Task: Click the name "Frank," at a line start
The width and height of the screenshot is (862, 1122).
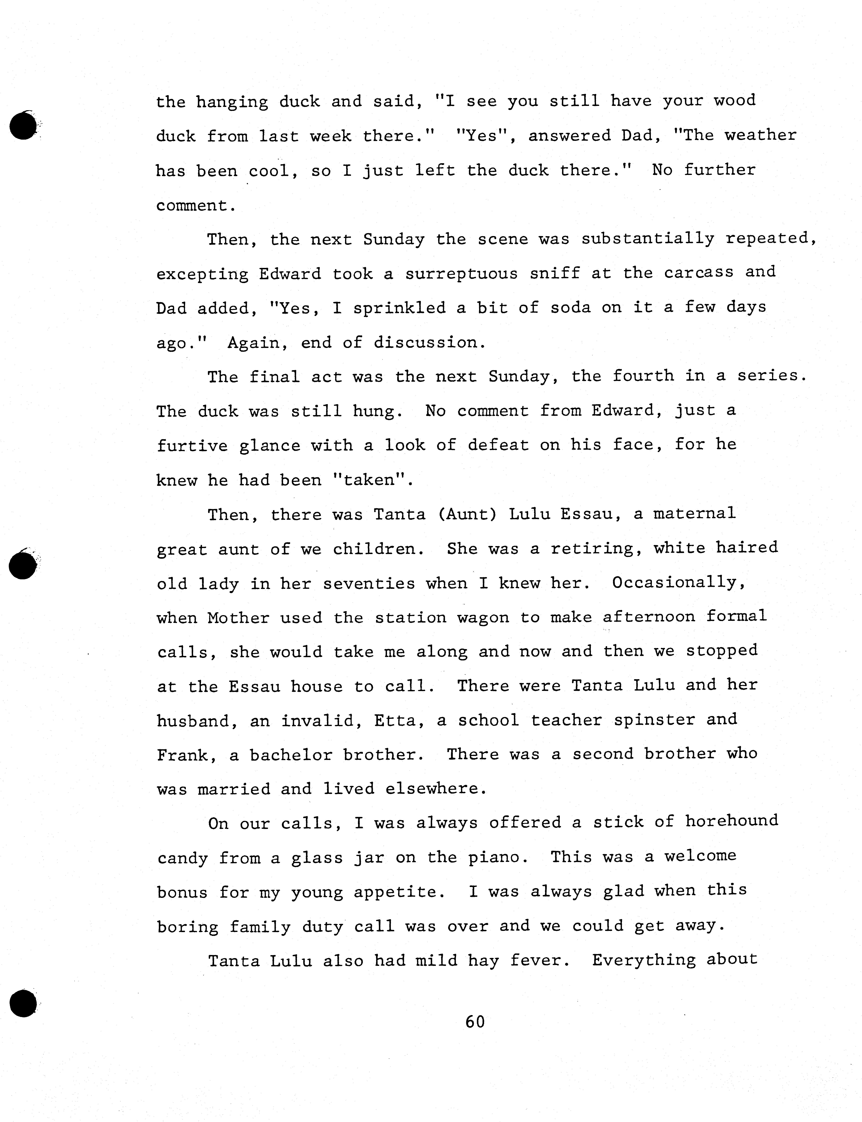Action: click(182, 755)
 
